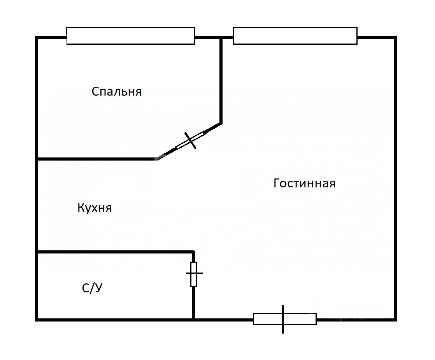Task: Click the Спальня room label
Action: click(117, 92)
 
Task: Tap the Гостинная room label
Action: click(304, 183)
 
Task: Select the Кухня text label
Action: click(95, 208)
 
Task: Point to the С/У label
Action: click(92, 288)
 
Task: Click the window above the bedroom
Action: click(130, 36)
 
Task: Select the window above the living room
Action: click(295, 36)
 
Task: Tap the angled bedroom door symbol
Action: click(190, 140)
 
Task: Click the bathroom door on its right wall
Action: click(193, 274)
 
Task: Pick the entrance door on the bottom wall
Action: click(284, 319)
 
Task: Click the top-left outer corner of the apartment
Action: click(37, 37)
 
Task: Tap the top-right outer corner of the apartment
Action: click(395, 37)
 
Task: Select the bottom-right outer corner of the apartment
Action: click(395, 320)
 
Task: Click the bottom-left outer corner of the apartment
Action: click(37, 320)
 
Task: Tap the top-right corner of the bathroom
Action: click(193, 252)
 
